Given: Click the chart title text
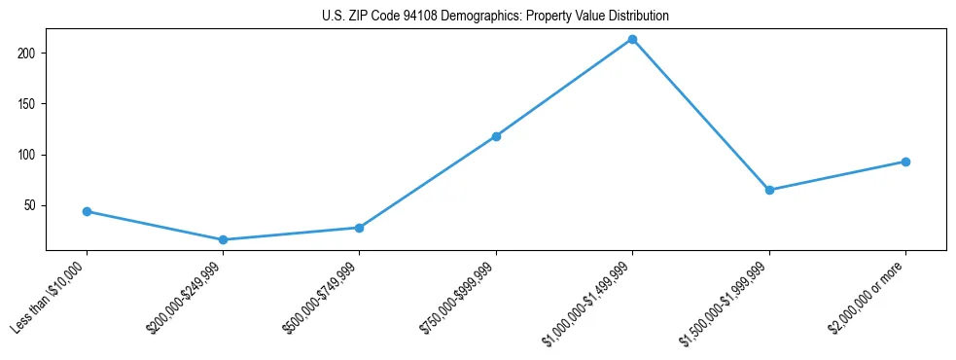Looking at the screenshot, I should click(x=495, y=17).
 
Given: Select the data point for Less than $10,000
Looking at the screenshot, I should click(x=87, y=211).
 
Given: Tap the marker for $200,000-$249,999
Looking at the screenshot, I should click(x=223, y=239).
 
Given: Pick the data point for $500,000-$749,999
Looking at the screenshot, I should click(x=360, y=228).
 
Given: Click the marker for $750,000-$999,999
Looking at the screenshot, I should click(x=496, y=136).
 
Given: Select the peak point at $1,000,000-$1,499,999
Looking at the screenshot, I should click(x=632, y=39).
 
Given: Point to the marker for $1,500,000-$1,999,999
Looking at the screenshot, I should click(x=769, y=190).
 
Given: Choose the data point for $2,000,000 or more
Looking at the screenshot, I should click(x=905, y=162).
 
